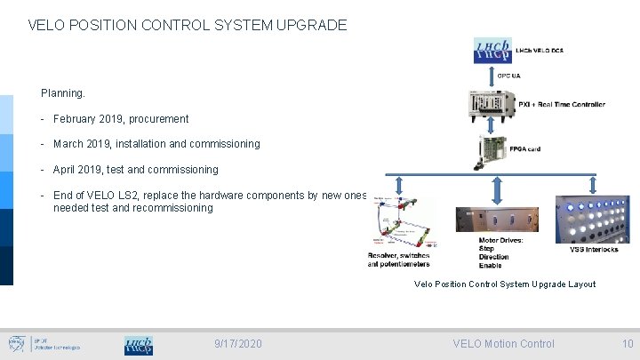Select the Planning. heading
tap(63, 92)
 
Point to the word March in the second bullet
tap(68, 143)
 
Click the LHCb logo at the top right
tap(493, 51)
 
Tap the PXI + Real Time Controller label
tap(562, 104)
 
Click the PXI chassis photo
tap(491, 105)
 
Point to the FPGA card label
tap(524, 149)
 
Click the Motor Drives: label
tap(500, 240)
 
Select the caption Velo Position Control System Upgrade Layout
tap(505, 284)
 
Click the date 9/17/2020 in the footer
tap(238, 343)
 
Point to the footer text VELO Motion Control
tap(503, 343)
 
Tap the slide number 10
tap(628, 343)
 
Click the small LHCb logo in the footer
tap(138, 345)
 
